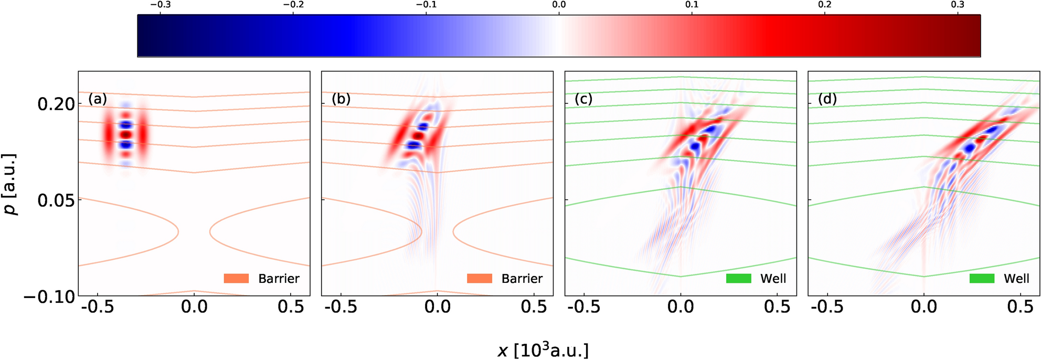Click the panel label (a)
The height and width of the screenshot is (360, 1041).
point(98,99)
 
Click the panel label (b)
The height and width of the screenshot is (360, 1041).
point(341,99)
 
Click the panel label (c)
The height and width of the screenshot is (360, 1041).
point(583,99)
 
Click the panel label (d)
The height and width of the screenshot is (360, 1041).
point(827,99)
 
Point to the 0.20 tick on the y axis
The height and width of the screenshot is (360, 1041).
point(56,104)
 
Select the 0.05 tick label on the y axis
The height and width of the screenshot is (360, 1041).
point(56,200)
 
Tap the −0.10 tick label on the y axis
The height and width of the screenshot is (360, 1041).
point(49,297)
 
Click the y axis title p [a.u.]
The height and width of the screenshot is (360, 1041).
point(10,185)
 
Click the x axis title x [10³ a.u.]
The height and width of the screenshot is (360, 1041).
point(543,350)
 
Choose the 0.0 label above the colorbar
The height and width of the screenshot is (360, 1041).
point(559,5)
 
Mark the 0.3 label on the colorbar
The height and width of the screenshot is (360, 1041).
point(957,5)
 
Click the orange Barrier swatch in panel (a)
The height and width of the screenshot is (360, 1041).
point(236,279)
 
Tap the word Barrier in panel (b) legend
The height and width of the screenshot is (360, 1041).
point(522,279)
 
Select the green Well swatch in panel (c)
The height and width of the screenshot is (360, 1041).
point(738,279)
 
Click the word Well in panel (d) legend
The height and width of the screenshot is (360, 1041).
point(1016,279)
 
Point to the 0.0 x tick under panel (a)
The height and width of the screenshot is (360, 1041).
point(194,307)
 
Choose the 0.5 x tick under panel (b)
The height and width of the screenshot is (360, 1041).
point(534,307)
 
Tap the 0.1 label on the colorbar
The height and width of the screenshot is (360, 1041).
point(692,5)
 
